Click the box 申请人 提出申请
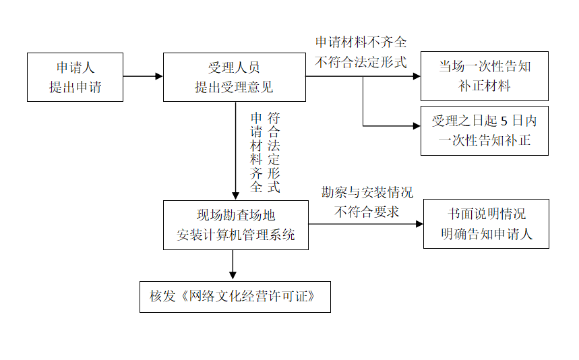coord(75,77)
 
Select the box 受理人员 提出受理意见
coord(235,77)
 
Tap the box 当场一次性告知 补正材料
coord(484,76)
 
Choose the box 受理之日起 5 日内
coord(484,130)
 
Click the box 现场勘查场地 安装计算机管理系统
coord(235,224)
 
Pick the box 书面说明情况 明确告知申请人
coord(486,224)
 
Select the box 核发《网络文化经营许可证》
coord(235,297)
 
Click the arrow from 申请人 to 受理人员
coord(143,76)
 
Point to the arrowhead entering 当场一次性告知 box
coord(416,76)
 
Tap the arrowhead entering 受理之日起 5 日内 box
coord(416,126)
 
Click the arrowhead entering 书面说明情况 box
coord(419,224)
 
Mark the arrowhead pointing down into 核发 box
coord(233,276)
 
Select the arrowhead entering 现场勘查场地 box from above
coord(236,195)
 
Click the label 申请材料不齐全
coord(361,42)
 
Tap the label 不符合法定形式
coord(361,62)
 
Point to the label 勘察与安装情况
coord(367,193)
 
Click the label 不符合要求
coord(367,212)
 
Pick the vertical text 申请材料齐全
coord(256,153)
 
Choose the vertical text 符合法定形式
coord(274,153)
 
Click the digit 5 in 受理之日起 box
coord(504,122)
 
